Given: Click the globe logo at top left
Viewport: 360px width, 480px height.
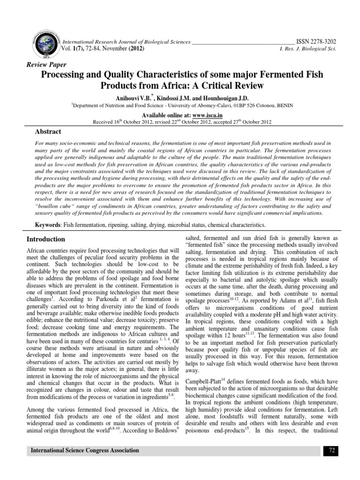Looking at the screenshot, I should [45, 44].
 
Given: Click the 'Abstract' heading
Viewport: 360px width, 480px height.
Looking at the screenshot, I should [49, 132].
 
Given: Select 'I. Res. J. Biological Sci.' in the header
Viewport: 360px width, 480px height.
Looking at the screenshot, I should [308, 49].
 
